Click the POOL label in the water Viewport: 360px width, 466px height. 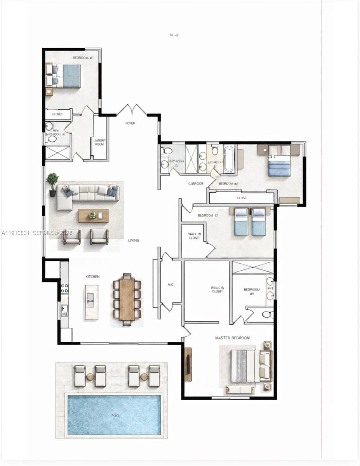(116, 416)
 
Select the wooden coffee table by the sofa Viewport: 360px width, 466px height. (93, 216)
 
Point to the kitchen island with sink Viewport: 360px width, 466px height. (92, 302)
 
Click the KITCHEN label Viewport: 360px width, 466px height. (92, 276)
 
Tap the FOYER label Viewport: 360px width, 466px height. (130, 123)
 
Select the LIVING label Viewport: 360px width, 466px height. (134, 240)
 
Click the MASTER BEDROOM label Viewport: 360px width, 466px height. (232, 338)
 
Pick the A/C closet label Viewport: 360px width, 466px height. (170, 285)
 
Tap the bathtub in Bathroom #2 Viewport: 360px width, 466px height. (229, 159)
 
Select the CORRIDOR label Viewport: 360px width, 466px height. (196, 184)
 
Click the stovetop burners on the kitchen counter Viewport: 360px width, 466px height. (65, 288)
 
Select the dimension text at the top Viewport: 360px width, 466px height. (174, 35)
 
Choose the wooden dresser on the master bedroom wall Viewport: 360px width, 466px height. (188, 364)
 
